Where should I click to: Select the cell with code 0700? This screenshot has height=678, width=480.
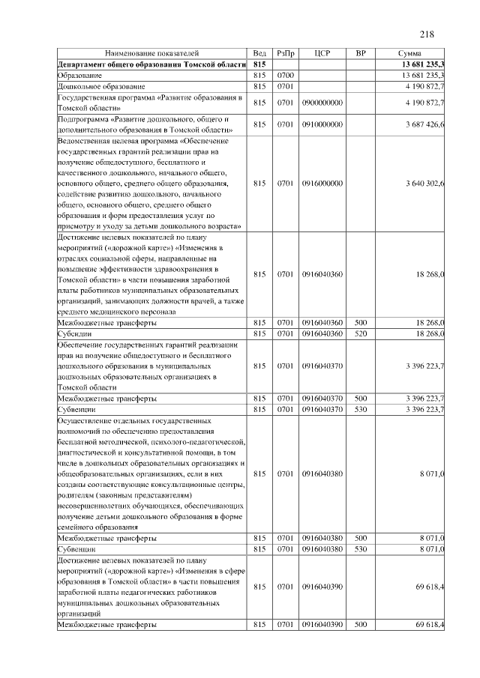click(285, 76)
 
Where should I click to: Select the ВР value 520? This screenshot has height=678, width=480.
click(361, 333)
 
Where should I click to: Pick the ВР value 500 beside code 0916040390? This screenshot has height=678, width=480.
click(361, 624)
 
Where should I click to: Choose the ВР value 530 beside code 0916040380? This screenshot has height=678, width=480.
click(361, 549)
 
